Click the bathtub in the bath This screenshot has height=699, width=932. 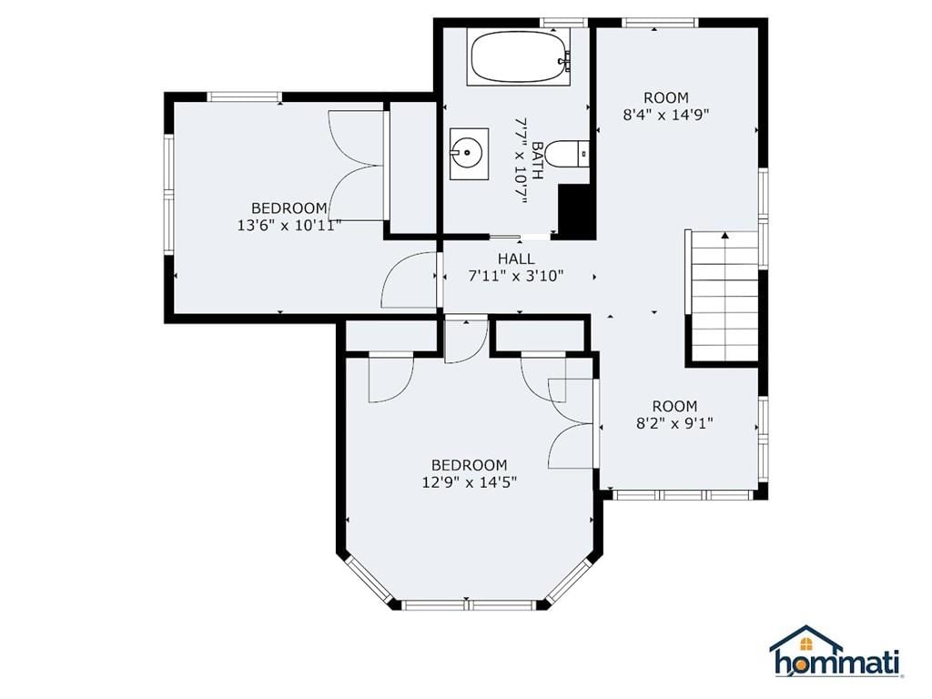pos(521,58)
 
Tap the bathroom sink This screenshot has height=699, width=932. pos(469,153)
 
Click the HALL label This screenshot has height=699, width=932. pos(516,258)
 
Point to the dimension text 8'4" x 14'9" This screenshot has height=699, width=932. pos(666,114)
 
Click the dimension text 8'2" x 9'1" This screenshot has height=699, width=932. pos(674,423)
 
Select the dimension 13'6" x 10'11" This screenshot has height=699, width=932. pos(289,226)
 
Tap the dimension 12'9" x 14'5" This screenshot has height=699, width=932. pos(470,482)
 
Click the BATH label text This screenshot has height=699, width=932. pos(537,160)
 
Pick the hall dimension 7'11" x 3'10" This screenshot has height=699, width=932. pos(516,276)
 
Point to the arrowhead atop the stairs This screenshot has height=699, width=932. pos(724,236)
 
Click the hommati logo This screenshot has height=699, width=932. pos(837,652)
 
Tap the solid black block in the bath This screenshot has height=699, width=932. pos(576,211)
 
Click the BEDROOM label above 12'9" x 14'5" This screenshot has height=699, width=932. pos(470,465)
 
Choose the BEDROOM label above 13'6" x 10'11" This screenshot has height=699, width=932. pos(289,208)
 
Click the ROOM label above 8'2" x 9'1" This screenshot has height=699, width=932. pos(674,406)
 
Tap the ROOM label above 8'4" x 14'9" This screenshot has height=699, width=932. pos(666,96)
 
